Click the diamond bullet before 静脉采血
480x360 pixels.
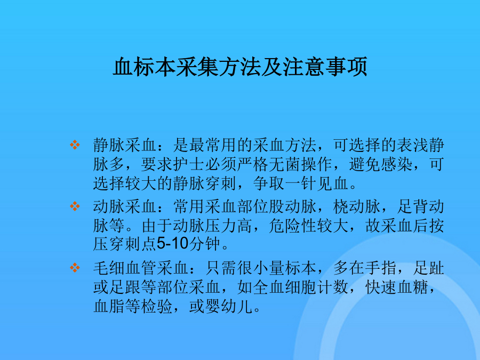pyautogui.click(x=75, y=145)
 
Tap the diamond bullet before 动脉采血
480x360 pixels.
pyautogui.click(x=75, y=206)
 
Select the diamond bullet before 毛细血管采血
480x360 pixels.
pyautogui.click(x=75, y=268)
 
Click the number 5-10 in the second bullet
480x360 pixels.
pyautogui.click(x=172, y=244)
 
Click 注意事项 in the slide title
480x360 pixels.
pyautogui.click(x=325, y=67)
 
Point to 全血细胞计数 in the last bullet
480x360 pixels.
pyautogui.click(x=301, y=287)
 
